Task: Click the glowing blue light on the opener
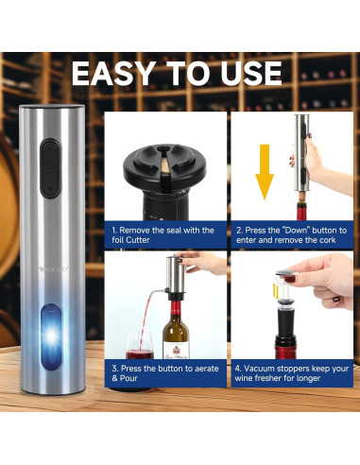point(51,336)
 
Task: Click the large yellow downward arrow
point(265,172)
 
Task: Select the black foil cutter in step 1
point(164,164)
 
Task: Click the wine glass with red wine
point(139,345)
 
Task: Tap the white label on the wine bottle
point(176,351)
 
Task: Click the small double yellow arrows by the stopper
point(276,291)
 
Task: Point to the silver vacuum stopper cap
point(285,273)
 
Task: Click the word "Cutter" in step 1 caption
point(138,240)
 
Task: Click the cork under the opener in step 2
point(302,198)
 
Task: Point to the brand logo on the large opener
point(51,269)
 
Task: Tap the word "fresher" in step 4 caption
point(268,378)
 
